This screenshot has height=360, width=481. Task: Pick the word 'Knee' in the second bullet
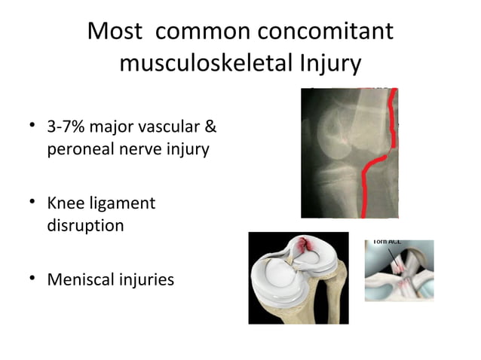(66, 203)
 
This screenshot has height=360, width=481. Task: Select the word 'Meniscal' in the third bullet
(81, 279)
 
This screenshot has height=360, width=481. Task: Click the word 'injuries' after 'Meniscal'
(147, 279)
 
